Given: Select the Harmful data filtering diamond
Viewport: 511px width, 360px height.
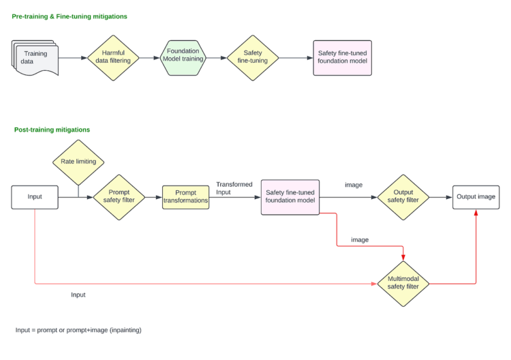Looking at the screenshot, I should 113,58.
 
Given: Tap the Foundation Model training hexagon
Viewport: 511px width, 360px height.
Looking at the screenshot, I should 183,57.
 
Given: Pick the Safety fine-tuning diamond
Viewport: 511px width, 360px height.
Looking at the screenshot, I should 252,58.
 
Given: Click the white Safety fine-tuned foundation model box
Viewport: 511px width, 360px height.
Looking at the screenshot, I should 342,57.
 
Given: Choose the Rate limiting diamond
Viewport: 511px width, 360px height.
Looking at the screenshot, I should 78,162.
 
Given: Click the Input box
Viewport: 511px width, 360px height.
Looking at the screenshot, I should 35,197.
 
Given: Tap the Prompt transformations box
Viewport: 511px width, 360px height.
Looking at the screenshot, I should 185,197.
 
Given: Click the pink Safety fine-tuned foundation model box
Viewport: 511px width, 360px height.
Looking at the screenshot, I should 290,197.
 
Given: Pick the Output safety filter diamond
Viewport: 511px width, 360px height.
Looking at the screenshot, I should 403,197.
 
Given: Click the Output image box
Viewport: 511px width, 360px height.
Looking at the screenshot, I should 476,197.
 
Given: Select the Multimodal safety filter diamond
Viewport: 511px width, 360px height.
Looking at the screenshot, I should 404,283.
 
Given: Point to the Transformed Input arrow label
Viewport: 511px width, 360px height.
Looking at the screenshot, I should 234,188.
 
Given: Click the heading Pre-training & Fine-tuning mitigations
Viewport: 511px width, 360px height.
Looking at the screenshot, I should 69,16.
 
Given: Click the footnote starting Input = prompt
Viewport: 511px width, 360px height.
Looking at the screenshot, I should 78,330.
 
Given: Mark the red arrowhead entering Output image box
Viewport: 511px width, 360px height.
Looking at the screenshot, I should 476,213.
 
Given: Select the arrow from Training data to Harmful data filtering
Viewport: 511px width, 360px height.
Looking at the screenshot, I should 73,58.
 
